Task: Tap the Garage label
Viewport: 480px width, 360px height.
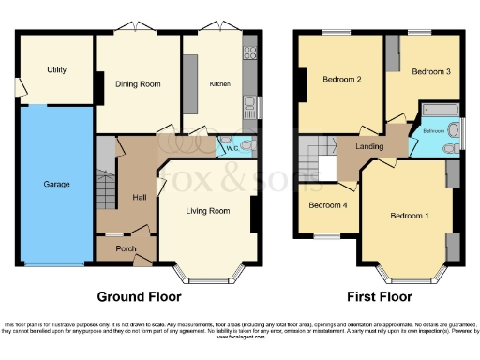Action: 56,185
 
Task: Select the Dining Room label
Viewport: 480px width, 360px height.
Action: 138,84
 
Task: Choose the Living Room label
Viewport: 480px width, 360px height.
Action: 208,211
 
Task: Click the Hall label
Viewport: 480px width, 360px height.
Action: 139,197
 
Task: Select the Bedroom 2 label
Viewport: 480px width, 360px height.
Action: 341,79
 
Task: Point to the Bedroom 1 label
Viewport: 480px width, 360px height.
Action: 410,216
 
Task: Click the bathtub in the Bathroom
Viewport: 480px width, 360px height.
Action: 438,112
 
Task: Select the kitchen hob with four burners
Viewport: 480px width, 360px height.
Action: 250,52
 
